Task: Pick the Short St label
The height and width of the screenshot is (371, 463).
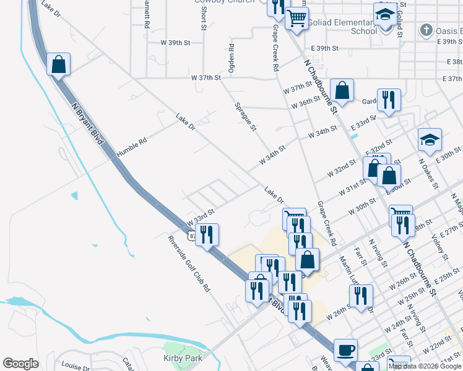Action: (202, 19)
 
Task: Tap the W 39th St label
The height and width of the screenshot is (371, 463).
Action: (175, 43)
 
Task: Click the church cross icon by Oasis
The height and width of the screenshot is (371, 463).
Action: (425, 30)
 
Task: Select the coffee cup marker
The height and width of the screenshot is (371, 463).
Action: (345, 349)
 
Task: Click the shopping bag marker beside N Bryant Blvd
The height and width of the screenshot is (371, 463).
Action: (58, 64)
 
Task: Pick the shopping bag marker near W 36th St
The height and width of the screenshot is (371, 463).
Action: (342, 90)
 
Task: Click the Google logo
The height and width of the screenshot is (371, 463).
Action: (21, 364)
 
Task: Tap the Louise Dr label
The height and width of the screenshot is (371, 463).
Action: (76, 365)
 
